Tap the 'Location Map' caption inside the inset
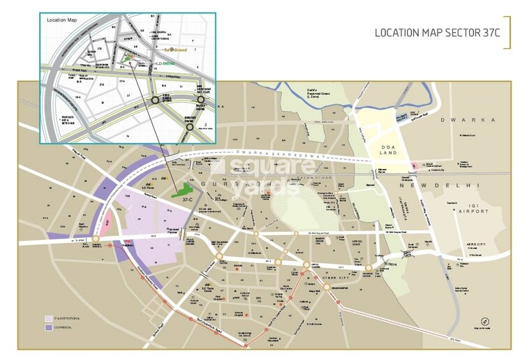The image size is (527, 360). pyautogui.click(x=61, y=20)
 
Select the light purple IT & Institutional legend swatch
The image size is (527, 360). pyautogui.click(x=49, y=317)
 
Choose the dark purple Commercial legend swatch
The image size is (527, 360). pyautogui.click(x=49, y=327)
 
